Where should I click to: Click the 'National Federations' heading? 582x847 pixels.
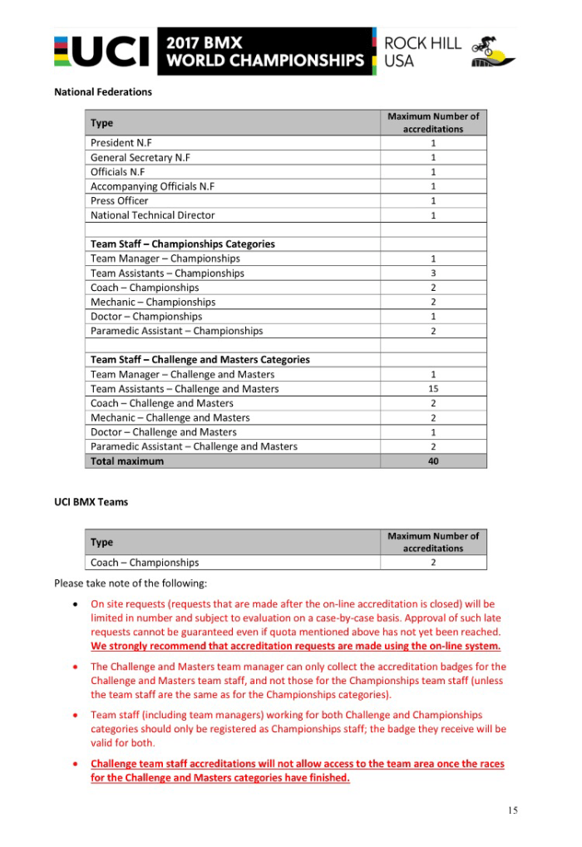coord(103,92)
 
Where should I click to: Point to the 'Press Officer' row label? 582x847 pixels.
coord(120,200)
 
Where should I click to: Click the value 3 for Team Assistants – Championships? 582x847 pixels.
coord(433,273)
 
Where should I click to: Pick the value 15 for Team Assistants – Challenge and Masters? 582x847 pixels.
coord(433,389)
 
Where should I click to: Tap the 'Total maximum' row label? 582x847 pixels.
coord(127,461)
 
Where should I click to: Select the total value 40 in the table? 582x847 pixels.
coord(433,461)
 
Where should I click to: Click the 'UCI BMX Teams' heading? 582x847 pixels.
coord(91,502)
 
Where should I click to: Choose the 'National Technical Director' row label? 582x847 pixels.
coord(153,215)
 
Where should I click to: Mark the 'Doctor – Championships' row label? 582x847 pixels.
coord(146,317)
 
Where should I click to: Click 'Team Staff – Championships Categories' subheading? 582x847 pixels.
coord(183,244)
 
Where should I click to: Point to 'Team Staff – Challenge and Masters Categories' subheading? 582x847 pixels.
coord(200,360)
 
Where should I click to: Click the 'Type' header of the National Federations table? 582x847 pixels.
coord(102,123)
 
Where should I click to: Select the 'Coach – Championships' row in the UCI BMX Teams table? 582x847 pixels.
coord(145,563)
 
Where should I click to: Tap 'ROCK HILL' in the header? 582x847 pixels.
coord(422,43)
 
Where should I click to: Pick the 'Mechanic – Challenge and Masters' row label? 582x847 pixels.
coord(170,418)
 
